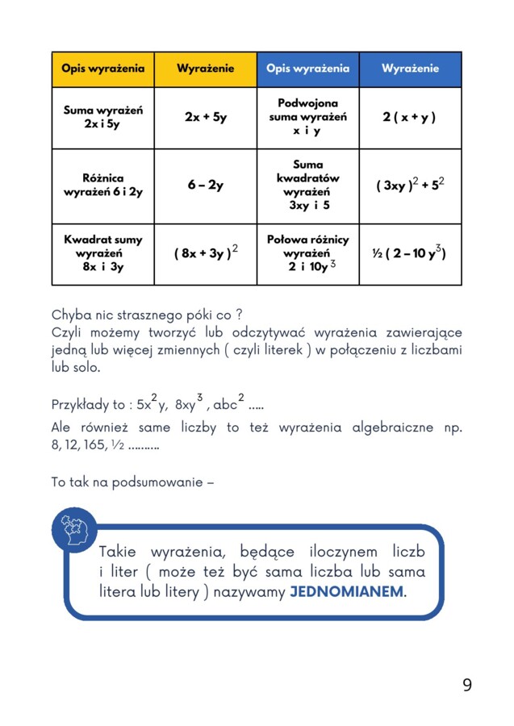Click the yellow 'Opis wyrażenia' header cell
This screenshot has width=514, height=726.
tap(102, 69)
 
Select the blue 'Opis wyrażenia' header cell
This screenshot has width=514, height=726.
tap(307, 69)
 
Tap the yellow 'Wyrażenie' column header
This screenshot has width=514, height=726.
tap(205, 69)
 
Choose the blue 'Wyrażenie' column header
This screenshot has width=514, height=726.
tap(410, 69)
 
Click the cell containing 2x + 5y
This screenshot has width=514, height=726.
tap(205, 117)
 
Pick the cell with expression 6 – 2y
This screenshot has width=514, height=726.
tap(205, 186)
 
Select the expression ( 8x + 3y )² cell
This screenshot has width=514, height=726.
tap(205, 253)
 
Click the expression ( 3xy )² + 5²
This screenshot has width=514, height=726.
tap(410, 186)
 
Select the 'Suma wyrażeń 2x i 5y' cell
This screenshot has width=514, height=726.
tap(102, 117)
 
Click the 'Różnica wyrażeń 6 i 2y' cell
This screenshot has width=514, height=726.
tap(102, 186)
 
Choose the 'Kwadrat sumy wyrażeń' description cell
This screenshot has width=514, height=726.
tap(102, 253)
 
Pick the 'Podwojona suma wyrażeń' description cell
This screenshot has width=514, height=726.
tap(307, 117)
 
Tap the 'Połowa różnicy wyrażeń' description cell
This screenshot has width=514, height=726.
tap(307, 253)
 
